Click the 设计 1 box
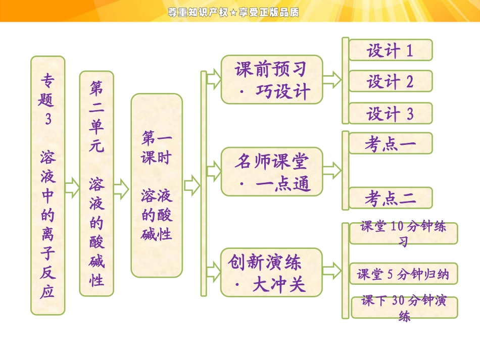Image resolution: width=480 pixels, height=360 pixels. [x=390, y=50]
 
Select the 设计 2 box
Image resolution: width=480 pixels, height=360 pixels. [x=390, y=81]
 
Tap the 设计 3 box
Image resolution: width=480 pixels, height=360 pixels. [x=390, y=114]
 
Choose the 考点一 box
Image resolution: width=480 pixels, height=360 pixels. [x=390, y=144]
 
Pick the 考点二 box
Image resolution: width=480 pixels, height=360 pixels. [x=390, y=198]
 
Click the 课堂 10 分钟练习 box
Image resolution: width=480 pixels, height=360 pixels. [x=403, y=233]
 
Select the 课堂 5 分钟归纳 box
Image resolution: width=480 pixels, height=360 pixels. [x=403, y=274]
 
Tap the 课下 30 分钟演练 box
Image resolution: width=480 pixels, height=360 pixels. [x=403, y=307]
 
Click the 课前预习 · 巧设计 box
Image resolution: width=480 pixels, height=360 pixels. [x=272, y=80]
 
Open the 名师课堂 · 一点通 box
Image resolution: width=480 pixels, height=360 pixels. [x=272, y=172]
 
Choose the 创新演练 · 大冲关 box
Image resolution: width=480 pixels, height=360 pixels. [x=272, y=272]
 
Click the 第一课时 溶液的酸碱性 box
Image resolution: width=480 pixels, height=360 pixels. [x=157, y=185]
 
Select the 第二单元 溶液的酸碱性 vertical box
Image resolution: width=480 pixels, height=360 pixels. [x=97, y=183]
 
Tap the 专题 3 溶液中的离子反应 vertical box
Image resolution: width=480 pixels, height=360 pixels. [x=48, y=185]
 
